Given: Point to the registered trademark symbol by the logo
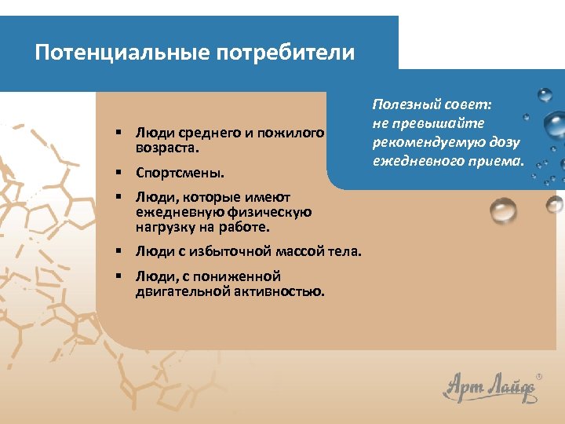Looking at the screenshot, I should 539,376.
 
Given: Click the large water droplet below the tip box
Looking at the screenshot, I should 503,210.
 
